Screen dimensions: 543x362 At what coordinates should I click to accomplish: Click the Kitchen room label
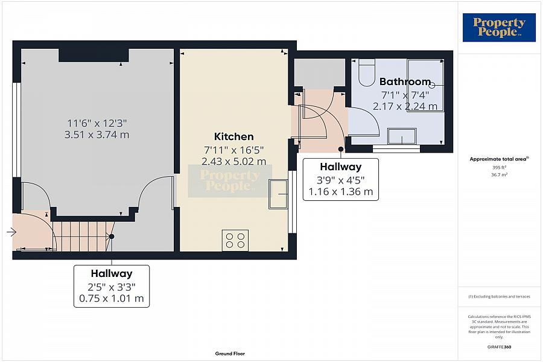click(233, 136)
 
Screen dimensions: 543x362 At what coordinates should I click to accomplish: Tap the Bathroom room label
click(405, 82)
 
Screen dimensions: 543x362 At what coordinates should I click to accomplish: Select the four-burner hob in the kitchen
click(235, 240)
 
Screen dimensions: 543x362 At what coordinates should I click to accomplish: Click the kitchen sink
click(278, 194)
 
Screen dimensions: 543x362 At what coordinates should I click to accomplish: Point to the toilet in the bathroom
click(367, 72)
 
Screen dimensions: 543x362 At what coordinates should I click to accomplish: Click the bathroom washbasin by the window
click(402, 136)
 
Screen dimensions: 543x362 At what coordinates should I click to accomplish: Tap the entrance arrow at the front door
click(11, 232)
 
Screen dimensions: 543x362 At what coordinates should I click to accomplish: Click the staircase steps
click(83, 237)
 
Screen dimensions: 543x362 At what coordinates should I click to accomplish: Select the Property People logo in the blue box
click(499, 28)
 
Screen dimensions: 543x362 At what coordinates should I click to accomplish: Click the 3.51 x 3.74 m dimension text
click(97, 135)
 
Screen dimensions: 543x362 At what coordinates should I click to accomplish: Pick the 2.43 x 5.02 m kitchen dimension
click(233, 161)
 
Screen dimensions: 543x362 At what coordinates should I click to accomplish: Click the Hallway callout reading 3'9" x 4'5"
click(341, 179)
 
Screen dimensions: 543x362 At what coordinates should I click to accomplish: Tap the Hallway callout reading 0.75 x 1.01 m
click(112, 286)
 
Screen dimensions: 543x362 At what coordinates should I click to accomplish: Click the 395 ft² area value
click(499, 167)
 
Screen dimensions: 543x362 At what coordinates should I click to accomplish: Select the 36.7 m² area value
click(499, 175)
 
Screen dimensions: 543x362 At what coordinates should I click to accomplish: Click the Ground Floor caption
click(230, 354)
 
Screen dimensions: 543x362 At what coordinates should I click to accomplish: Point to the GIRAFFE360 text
click(499, 347)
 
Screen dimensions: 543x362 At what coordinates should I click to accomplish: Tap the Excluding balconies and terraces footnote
click(499, 296)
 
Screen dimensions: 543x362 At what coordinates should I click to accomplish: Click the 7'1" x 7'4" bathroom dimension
click(405, 95)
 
